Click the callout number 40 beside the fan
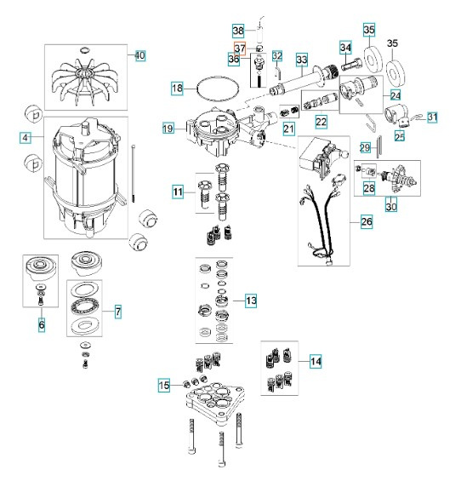(x=140, y=55)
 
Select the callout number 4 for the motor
(x=26, y=136)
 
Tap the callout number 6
(x=41, y=324)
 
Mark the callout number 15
(x=165, y=386)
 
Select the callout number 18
(x=177, y=88)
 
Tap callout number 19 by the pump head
(x=168, y=128)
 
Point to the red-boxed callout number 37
(x=240, y=48)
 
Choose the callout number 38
(x=238, y=29)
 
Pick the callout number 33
(x=301, y=59)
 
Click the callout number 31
(x=432, y=117)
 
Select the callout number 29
(x=365, y=147)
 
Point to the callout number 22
(x=322, y=123)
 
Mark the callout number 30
(x=390, y=205)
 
